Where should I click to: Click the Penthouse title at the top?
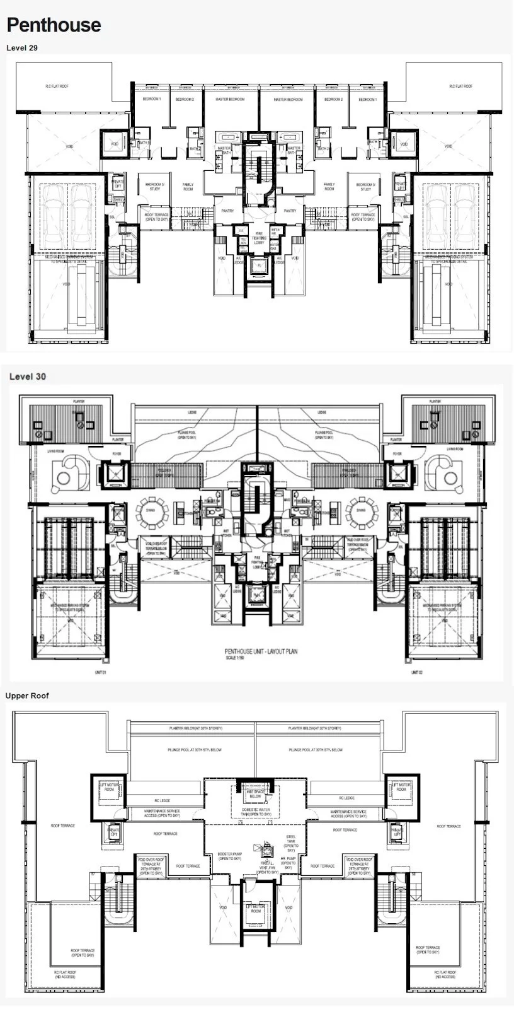tap(54, 25)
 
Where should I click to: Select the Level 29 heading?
tap(22, 47)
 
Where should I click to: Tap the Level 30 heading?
tap(27, 376)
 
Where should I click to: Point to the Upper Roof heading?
tap(27, 696)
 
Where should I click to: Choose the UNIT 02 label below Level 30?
tap(415, 673)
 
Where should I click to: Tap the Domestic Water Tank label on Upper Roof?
tap(256, 812)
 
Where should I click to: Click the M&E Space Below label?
tap(255, 794)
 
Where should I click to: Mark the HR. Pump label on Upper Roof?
tap(288, 865)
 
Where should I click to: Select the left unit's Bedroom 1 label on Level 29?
tap(151, 100)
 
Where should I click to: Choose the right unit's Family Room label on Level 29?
tap(329, 187)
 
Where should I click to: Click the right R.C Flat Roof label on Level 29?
tap(460, 86)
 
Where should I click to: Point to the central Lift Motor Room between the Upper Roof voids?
tap(256, 909)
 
